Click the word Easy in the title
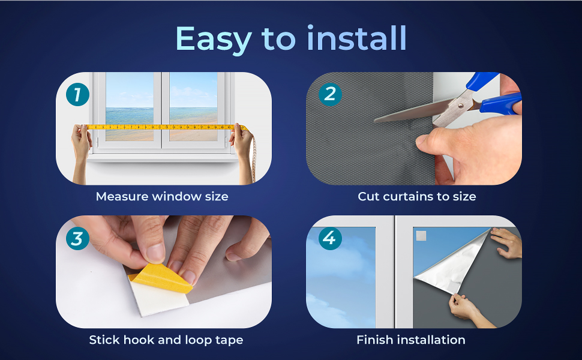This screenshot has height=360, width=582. click(x=213, y=40)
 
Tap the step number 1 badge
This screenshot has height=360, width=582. click(x=77, y=95)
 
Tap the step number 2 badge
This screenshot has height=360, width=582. click(x=329, y=94)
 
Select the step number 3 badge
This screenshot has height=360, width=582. click(x=77, y=239)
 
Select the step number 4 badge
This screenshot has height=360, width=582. click(x=329, y=238)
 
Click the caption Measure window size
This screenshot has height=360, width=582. click(x=162, y=196)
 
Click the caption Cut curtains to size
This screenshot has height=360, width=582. click(x=416, y=196)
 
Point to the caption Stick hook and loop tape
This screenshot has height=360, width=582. click(x=166, y=340)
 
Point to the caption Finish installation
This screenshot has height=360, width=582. click(x=410, y=340)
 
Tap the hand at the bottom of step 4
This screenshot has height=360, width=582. click(x=464, y=308)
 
